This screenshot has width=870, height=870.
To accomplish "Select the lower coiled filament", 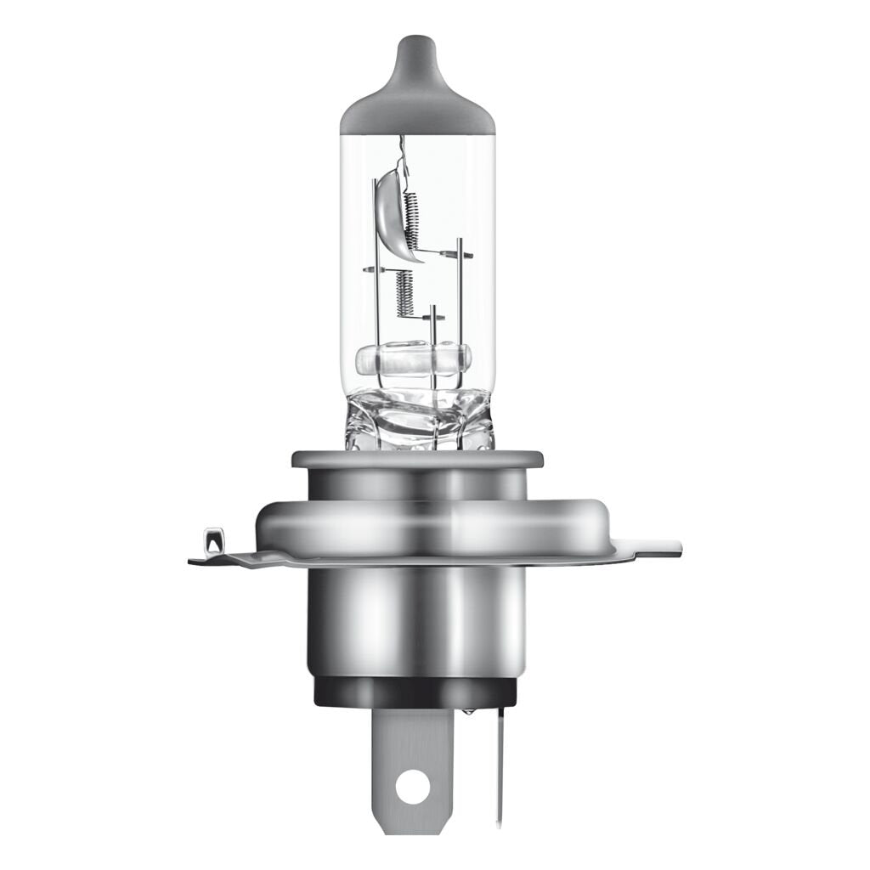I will coord(404,293).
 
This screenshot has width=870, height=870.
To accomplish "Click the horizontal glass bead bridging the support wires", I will coord(413,360).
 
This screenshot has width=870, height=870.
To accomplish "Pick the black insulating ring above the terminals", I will coord(416,693).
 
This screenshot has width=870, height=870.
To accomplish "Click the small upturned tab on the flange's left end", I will coord(213,540).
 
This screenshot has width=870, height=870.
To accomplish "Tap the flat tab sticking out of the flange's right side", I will coord(658,548).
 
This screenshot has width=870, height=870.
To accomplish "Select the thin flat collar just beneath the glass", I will coord(416,460).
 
